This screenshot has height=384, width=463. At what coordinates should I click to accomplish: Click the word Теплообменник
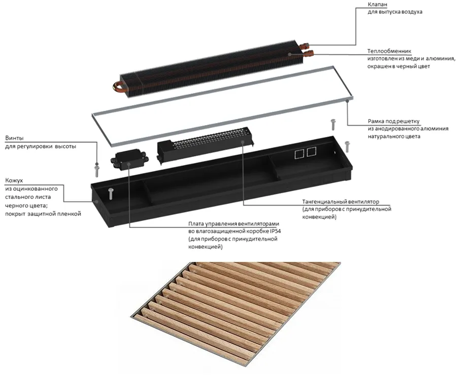coord(389,52)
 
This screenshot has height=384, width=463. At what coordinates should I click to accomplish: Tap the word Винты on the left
coord(14,138)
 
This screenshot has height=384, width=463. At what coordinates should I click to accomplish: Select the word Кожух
coord(14,181)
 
